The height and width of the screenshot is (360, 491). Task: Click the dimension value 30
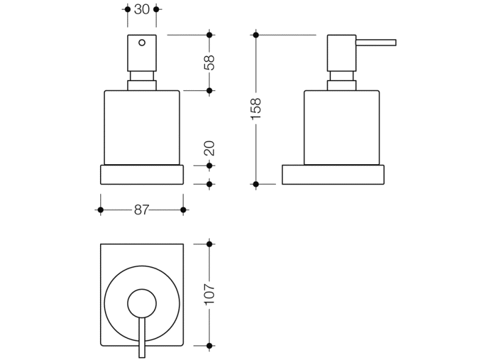tap(141, 9)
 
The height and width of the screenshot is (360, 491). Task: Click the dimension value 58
tap(209, 63)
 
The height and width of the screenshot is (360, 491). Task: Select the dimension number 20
tap(209, 147)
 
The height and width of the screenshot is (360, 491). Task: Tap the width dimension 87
tap(142, 210)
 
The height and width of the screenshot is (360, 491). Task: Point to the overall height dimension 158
tap(256, 109)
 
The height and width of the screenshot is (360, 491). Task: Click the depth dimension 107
tap(209, 295)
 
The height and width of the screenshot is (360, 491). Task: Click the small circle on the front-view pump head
tap(142, 43)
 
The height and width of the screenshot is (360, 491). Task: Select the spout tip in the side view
tap(394, 42)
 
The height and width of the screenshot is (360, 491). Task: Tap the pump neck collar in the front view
tap(142, 82)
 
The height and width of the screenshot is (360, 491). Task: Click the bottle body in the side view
tap(342, 128)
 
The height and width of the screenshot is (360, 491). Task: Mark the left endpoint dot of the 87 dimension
tap(100, 210)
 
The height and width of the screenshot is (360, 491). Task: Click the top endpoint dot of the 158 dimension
tap(256, 35)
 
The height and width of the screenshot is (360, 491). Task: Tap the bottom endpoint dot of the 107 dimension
tap(209, 346)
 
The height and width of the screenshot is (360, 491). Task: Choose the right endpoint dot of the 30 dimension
tap(156, 9)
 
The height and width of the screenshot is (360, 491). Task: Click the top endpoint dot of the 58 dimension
tap(209, 35)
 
